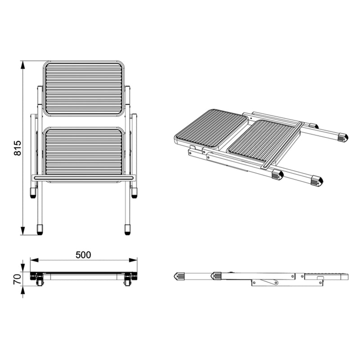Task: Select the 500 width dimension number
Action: click(x=83, y=255)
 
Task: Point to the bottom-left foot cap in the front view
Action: click(x=40, y=229)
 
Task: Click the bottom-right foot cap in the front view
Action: click(x=127, y=229)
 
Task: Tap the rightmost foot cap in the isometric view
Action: click(x=343, y=136)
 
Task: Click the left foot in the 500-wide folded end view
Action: click(x=38, y=281)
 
